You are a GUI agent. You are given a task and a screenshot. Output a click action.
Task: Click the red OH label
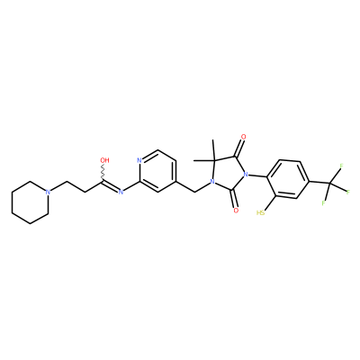[104, 160]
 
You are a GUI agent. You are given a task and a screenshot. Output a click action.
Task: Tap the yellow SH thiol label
[260, 213]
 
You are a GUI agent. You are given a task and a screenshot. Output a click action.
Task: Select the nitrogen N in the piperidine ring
[48, 192]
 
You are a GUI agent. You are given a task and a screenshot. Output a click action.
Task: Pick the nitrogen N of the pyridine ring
[139, 160]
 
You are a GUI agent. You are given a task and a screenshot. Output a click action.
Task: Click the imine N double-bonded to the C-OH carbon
[121, 192]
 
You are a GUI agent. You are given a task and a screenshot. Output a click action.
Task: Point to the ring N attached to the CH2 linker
[212, 182]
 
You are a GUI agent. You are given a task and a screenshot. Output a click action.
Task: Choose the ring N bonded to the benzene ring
[246, 175]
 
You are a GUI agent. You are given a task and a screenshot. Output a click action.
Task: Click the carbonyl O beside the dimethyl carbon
[243, 138]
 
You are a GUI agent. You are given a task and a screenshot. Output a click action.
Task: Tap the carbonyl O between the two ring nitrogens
[236, 211]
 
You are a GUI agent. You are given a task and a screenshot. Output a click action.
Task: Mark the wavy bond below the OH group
[103, 172]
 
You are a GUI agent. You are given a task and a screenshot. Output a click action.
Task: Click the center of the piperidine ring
[30, 202]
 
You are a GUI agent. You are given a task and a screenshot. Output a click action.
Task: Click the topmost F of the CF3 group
[341, 166]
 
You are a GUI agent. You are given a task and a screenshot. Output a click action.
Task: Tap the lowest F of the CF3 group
[324, 203]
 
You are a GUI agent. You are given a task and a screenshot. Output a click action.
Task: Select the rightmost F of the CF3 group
[348, 192]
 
